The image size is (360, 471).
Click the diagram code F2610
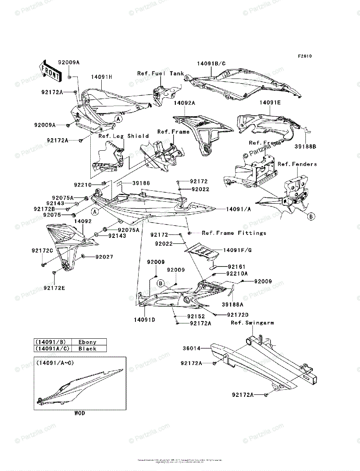click(304, 56)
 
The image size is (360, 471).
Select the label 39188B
click(305, 146)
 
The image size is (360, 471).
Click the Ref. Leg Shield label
click(124, 136)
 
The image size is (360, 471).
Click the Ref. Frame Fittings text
click(234, 233)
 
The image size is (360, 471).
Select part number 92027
click(104, 257)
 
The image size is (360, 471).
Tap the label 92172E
click(54, 288)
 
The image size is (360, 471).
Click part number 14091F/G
click(238, 250)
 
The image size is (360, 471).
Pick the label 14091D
click(144, 320)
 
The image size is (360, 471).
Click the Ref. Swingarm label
click(252, 323)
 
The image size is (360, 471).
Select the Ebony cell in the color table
click(87, 342)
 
